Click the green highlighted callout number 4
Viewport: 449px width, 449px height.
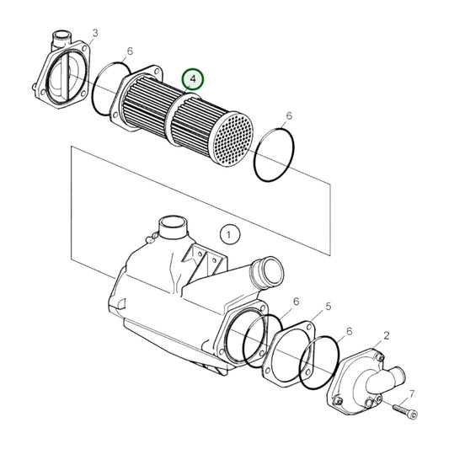[x=193, y=78]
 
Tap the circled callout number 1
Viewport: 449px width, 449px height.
[x=230, y=234]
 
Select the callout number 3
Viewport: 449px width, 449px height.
[x=95, y=33]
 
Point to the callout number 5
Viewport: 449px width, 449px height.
[x=329, y=307]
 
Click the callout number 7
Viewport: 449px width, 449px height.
[x=412, y=394]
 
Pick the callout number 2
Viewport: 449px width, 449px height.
[x=387, y=335]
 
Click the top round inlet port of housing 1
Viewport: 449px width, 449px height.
[x=173, y=227]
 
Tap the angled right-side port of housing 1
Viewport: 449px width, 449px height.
[x=266, y=272]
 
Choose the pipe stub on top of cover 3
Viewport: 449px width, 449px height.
[x=61, y=38]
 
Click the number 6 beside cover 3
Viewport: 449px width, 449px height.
[x=130, y=51]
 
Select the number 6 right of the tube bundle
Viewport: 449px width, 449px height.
[x=289, y=116]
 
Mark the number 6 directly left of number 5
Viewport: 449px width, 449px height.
[x=296, y=302]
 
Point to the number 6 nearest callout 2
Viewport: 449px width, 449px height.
[x=349, y=332]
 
